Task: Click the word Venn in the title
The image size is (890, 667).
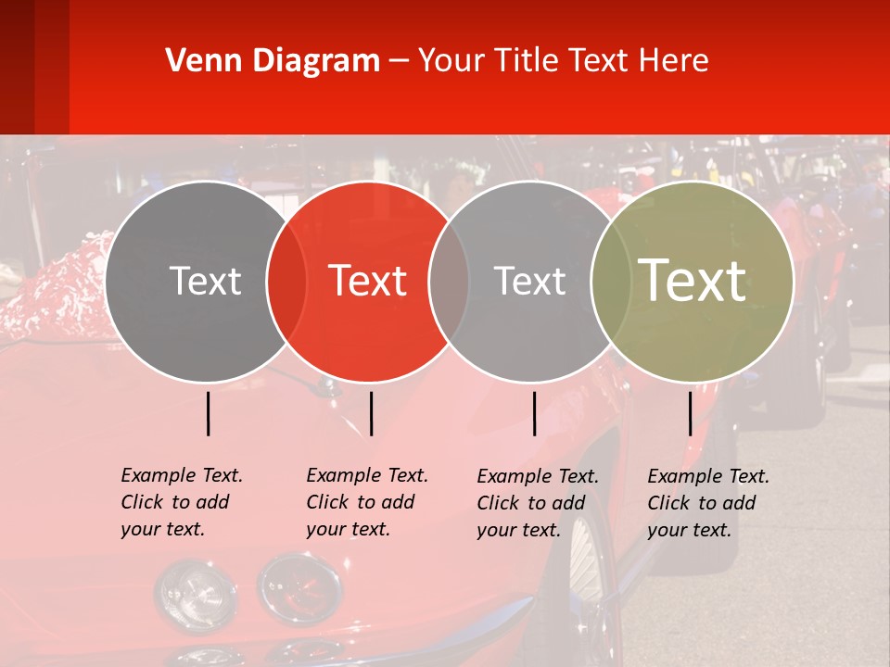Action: point(199,61)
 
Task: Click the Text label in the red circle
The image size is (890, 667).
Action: point(368,281)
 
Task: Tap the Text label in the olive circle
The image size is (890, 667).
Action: point(693,281)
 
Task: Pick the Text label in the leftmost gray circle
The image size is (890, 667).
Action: point(205,281)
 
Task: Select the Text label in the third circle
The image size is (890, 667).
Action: point(530,281)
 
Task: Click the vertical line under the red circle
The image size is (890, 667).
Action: point(371,413)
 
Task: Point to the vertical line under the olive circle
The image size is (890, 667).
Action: point(691,413)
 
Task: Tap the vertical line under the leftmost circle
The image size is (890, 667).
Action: point(208,413)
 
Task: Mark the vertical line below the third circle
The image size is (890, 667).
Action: point(534,413)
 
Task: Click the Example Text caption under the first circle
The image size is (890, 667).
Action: point(181,502)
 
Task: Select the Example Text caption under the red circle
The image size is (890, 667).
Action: point(366,502)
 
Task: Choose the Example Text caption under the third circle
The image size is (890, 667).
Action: point(537,503)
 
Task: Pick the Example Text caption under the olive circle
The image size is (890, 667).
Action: point(707,503)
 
